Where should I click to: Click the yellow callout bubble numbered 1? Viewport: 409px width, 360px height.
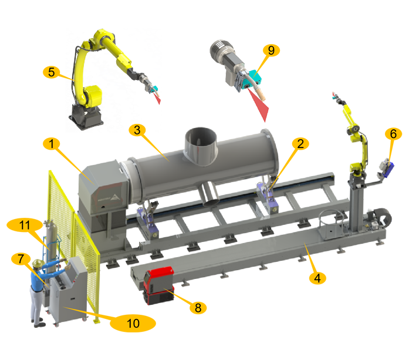point(52,144)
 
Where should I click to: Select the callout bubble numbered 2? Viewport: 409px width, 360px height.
point(300,144)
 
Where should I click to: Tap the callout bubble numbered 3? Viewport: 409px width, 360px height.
point(137,130)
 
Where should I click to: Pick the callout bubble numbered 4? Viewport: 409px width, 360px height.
point(317,278)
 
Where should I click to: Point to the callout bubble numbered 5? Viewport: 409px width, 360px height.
point(52,72)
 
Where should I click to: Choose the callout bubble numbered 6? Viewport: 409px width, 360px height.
point(393,134)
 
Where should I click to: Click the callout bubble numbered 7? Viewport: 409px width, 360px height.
point(21,259)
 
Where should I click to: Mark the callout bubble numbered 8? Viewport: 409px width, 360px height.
point(198,308)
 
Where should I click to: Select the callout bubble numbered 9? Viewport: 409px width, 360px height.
point(271,50)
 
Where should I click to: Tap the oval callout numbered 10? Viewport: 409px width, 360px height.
point(133,324)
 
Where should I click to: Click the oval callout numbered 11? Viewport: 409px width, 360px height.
point(25,225)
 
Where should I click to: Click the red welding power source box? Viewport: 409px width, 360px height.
point(158,285)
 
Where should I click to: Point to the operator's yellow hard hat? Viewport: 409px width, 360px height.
point(38,263)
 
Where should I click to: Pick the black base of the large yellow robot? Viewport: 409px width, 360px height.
point(86,117)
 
